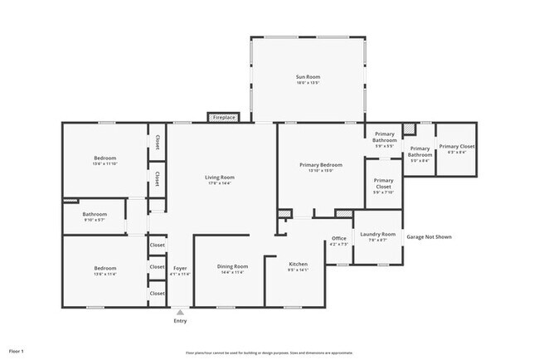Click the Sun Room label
point(307,77)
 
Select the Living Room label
point(220,177)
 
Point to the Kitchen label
point(298,264)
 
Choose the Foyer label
point(180,269)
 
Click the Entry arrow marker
point(180,312)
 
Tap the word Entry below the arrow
point(180,321)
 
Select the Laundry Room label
point(378,235)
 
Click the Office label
point(338,239)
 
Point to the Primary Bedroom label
point(320,165)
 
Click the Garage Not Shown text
point(429,237)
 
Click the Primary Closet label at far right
point(456,147)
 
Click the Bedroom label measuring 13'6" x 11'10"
point(104,158)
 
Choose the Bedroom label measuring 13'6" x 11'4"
point(104,268)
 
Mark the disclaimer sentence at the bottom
point(269,353)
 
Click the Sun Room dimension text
point(307,84)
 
